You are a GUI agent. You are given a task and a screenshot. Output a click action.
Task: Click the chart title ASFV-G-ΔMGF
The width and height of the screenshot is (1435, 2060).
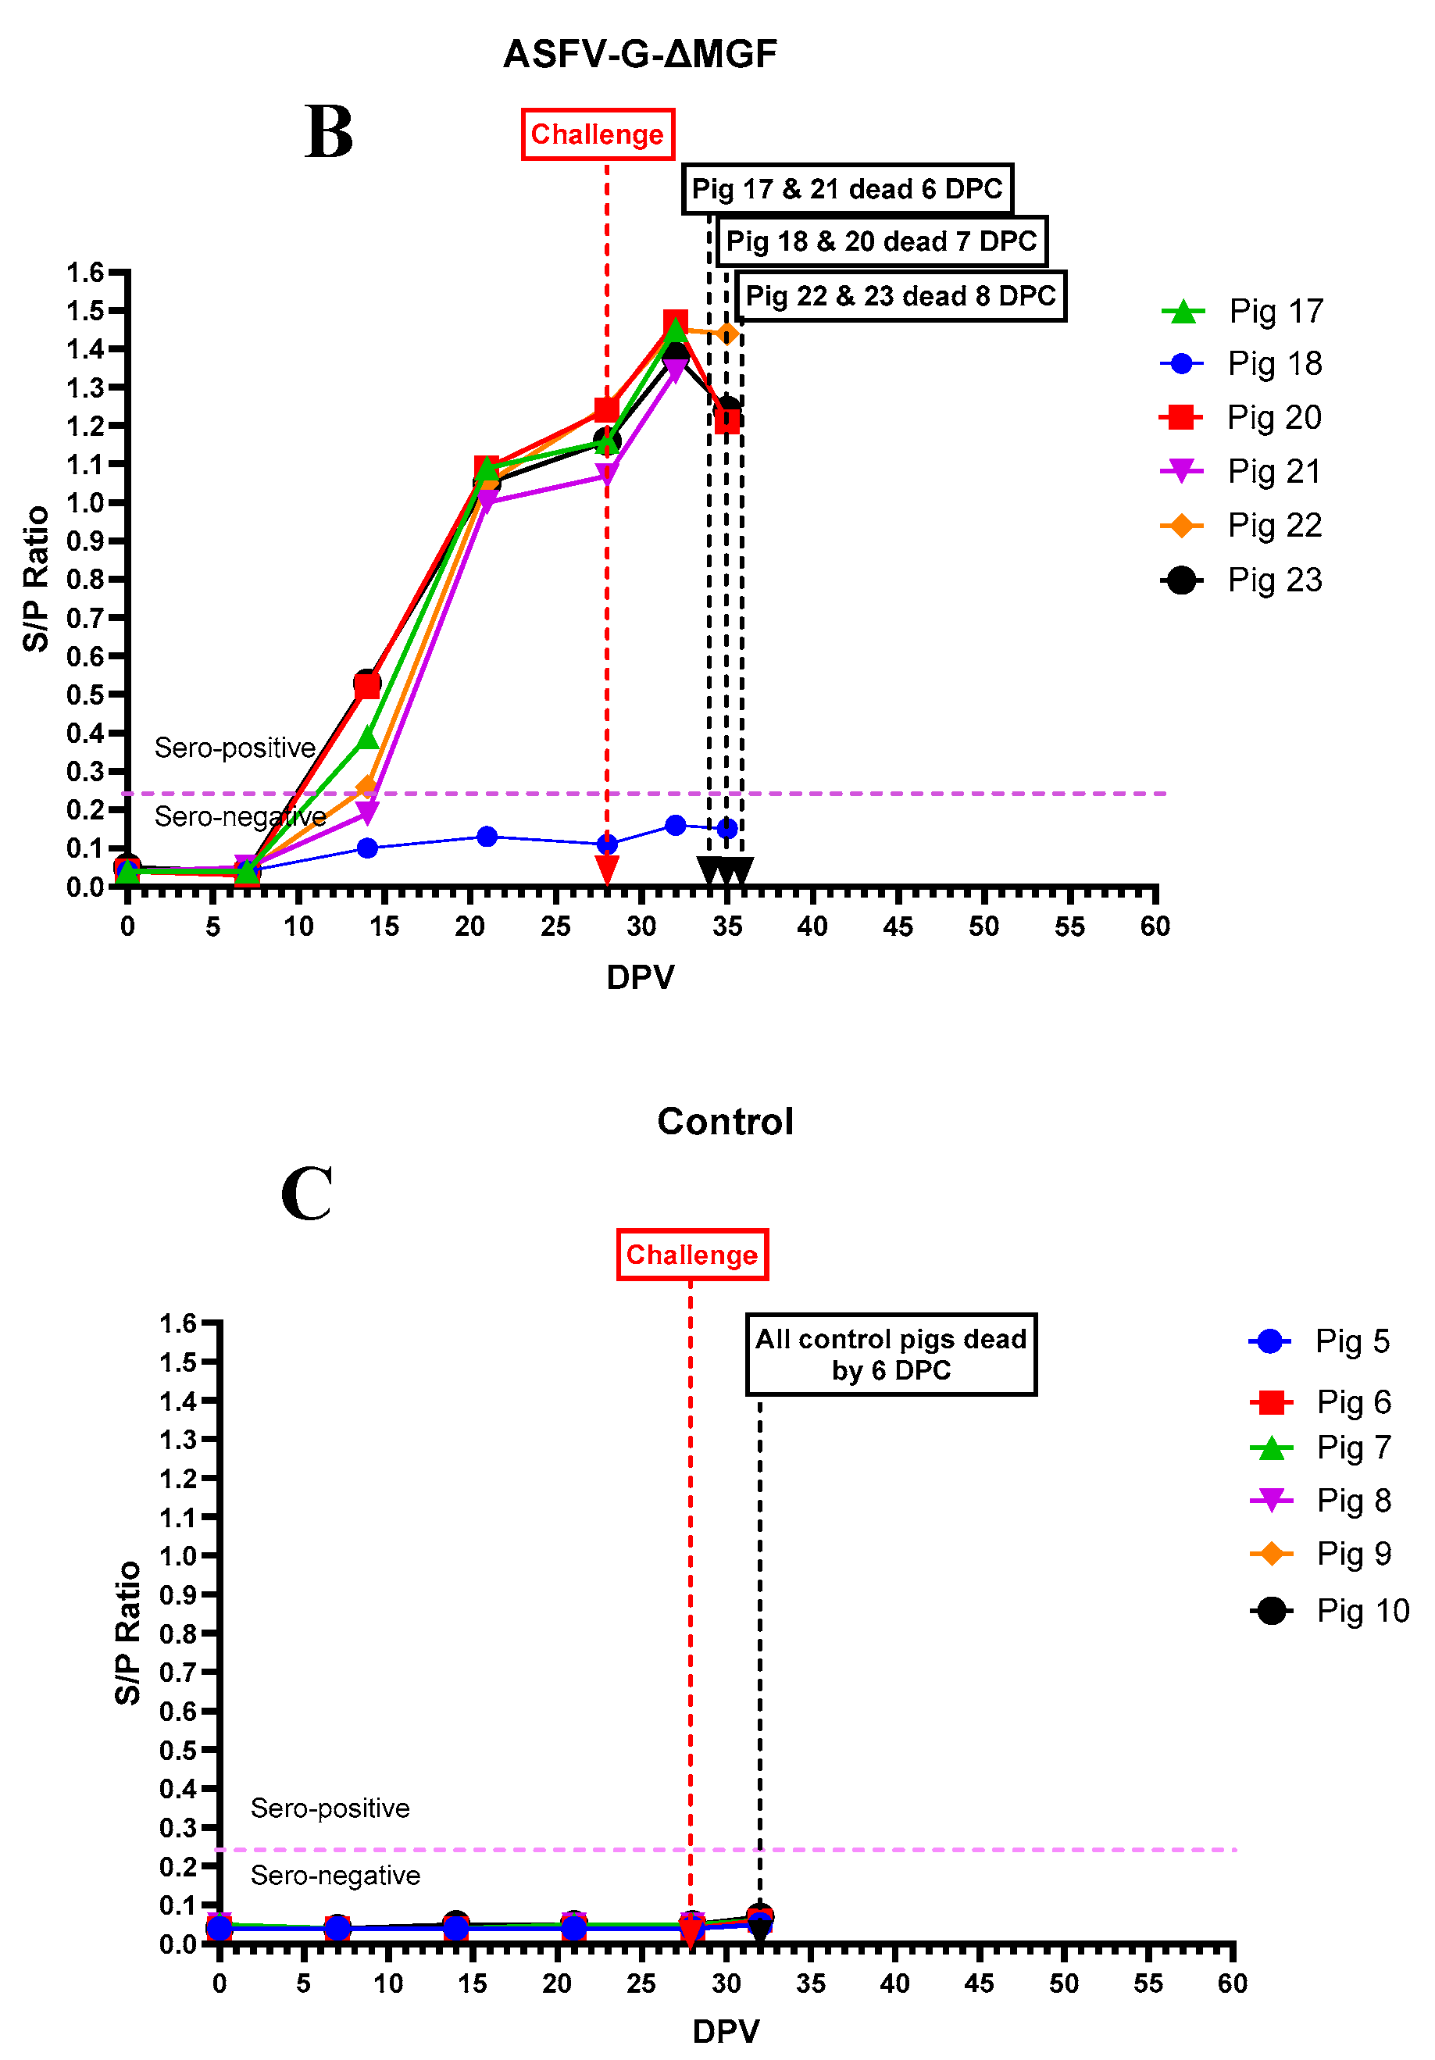click(639, 55)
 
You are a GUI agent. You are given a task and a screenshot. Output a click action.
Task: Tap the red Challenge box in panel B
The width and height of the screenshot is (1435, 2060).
click(598, 134)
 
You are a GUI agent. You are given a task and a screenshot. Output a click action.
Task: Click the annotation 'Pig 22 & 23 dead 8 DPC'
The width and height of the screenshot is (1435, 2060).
click(900, 296)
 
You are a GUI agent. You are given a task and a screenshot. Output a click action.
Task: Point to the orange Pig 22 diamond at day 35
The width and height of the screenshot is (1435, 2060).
click(728, 334)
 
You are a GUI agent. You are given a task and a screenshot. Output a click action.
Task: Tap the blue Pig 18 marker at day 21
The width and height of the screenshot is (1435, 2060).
click(487, 836)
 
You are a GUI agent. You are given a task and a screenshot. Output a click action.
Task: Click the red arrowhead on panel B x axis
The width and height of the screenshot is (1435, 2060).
click(607, 869)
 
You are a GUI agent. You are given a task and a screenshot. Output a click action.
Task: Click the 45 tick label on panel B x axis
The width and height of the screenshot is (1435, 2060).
click(898, 926)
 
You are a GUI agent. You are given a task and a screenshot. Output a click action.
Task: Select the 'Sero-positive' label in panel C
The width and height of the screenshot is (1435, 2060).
click(330, 1807)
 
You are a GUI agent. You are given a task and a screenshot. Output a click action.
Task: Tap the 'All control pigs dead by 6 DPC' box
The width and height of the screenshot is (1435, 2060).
click(891, 1354)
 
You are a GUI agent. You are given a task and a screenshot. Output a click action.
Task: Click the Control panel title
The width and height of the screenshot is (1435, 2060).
click(725, 1122)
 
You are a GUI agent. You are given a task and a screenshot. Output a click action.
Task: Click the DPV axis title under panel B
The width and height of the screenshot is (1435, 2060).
click(640, 976)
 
